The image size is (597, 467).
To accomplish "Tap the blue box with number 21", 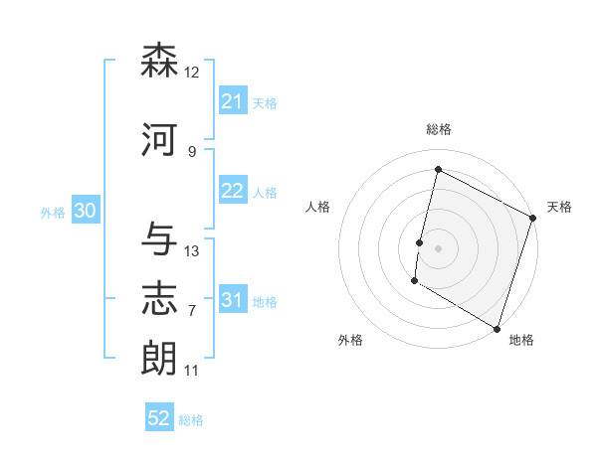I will click(x=232, y=101).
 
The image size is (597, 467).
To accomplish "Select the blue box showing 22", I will click(x=232, y=192).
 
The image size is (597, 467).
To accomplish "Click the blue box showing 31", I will click(x=232, y=301).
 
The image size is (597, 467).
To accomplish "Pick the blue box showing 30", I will click(x=85, y=211).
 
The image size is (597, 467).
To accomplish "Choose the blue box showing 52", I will click(x=159, y=418).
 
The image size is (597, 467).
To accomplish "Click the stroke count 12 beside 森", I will click(x=192, y=73).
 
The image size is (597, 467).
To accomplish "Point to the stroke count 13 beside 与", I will click(x=192, y=251).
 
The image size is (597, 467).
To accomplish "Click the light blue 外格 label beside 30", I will click(x=53, y=212).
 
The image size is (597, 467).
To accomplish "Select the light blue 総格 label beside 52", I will click(x=191, y=420).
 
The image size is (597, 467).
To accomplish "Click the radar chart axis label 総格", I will click(x=438, y=129).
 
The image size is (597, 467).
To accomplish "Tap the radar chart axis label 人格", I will click(x=318, y=207).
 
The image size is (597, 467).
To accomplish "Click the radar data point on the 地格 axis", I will click(x=496, y=328).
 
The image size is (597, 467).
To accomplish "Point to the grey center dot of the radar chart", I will click(x=438, y=248).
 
